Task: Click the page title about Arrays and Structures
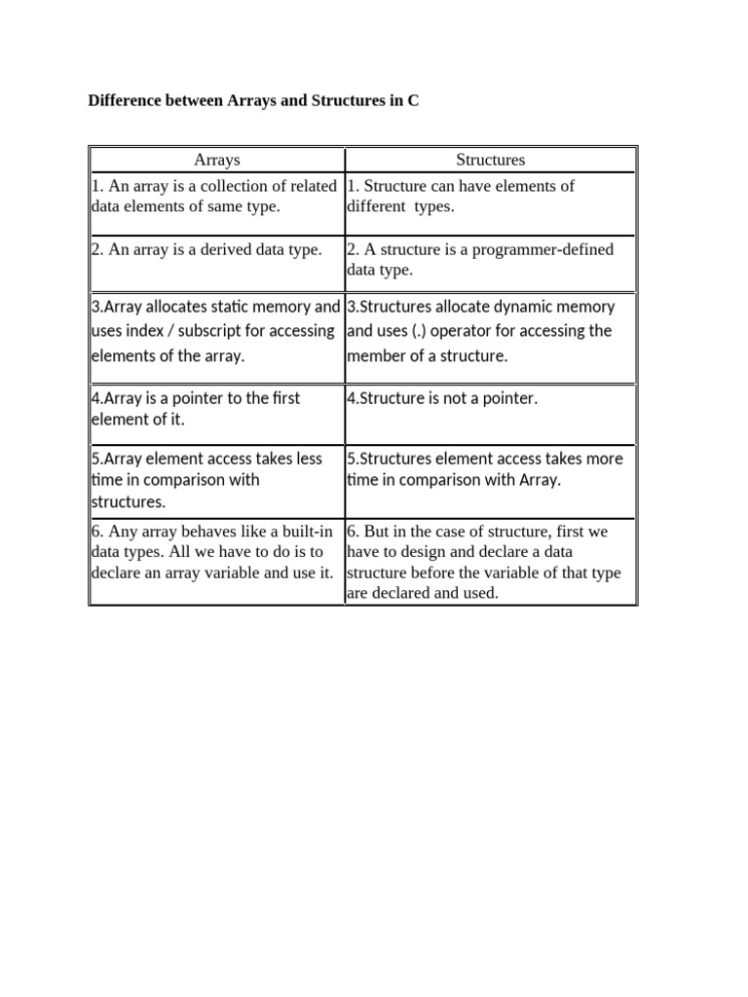click(253, 100)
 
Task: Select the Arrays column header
click(216, 160)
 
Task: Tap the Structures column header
click(490, 160)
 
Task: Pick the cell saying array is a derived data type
click(206, 250)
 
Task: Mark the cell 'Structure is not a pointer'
click(441, 398)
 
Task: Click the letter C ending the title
click(413, 100)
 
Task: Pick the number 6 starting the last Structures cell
click(352, 533)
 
